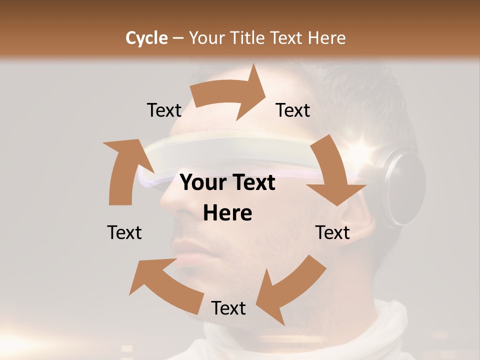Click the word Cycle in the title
coord(146,38)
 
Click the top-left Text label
coord(164,110)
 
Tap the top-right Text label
coord(293,110)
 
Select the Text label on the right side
coord(332,232)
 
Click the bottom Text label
coord(228,308)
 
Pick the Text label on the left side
coord(124,232)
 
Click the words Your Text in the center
coord(227,183)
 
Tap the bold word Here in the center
coord(227,213)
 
